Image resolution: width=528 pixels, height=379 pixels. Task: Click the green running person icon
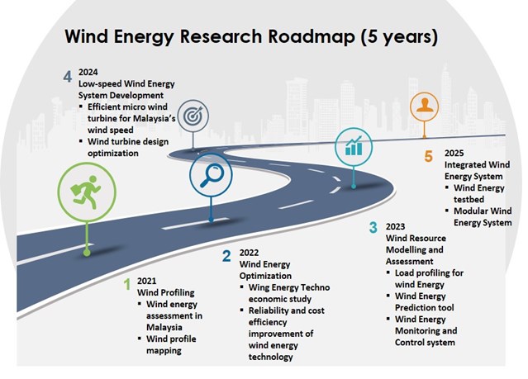[x=86, y=192]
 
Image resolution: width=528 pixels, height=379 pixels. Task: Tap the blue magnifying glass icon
[x=212, y=175]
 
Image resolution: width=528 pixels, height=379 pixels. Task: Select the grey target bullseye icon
[x=193, y=116]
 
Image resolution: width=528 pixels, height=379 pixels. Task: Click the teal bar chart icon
[x=354, y=146]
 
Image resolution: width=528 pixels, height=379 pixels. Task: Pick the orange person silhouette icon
[x=424, y=105]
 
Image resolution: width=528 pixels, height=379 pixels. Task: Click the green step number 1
[x=127, y=284]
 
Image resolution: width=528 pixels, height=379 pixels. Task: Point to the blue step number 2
[x=226, y=256]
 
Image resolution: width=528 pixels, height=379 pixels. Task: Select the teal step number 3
[x=373, y=227]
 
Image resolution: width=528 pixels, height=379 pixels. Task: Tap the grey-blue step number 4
[x=68, y=77]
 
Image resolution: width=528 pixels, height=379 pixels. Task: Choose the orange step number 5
[x=428, y=157]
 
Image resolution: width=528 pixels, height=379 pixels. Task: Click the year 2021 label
[x=146, y=281]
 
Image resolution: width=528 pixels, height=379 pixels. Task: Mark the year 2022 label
[x=249, y=253]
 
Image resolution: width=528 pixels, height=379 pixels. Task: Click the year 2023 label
[x=395, y=226]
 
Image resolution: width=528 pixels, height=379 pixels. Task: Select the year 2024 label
[x=88, y=72]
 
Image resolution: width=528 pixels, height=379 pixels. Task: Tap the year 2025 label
[x=454, y=153]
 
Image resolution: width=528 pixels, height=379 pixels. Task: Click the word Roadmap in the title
[x=311, y=36]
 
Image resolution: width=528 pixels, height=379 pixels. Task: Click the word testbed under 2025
[x=469, y=199]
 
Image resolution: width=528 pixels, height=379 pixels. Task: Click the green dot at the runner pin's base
[x=87, y=253]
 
